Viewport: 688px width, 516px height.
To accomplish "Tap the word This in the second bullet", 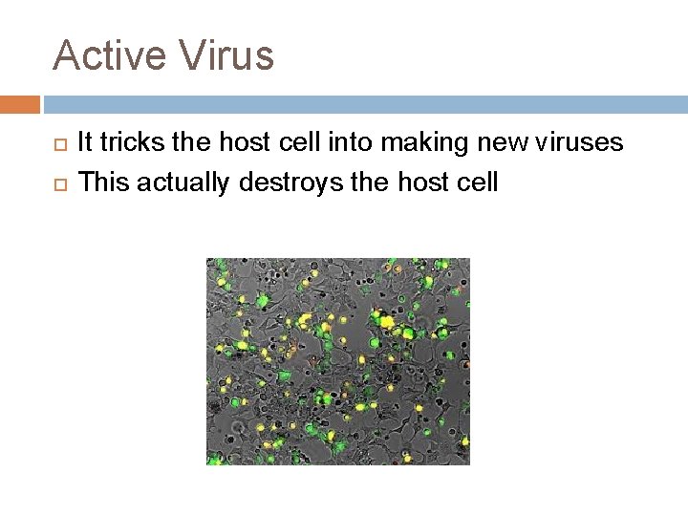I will point(104,181).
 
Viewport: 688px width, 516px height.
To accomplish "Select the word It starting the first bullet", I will point(84,143).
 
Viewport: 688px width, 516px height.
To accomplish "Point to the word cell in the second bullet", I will point(478,181).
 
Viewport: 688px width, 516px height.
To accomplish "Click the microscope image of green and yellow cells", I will point(338,361).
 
